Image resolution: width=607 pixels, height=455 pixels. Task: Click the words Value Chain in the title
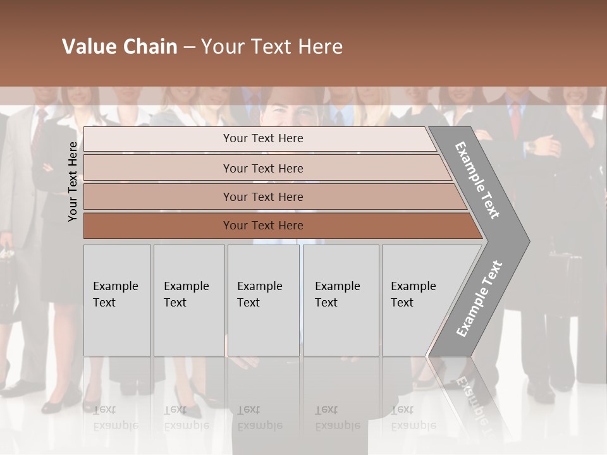(x=120, y=46)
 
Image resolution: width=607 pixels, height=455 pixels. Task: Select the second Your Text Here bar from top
(x=263, y=168)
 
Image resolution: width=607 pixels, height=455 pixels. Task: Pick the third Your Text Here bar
(x=263, y=197)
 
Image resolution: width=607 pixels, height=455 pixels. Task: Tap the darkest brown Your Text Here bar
(x=263, y=226)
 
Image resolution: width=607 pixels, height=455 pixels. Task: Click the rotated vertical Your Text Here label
(x=73, y=181)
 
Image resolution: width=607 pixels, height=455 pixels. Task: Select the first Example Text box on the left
(x=117, y=300)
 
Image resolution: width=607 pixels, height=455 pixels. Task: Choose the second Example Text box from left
(x=188, y=300)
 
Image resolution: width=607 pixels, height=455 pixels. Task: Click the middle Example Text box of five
(x=263, y=300)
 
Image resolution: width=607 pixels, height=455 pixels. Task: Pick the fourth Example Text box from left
(x=340, y=300)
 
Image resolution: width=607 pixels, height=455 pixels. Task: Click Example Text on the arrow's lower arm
(x=479, y=298)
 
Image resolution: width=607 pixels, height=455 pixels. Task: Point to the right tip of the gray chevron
(x=528, y=241)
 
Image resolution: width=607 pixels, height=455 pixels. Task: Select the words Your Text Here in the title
(x=272, y=46)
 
